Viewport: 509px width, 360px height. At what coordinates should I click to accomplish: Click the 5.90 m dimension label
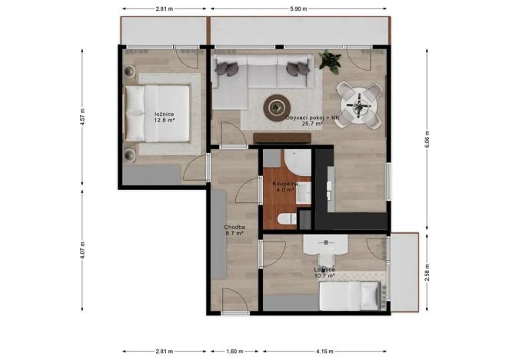point(298,8)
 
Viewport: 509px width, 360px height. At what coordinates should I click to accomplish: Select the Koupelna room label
point(284,184)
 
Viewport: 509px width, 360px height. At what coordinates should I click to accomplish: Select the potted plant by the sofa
point(331,58)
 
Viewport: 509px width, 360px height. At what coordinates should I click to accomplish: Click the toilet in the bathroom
point(284,219)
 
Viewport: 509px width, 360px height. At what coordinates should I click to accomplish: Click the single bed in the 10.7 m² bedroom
point(350,295)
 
